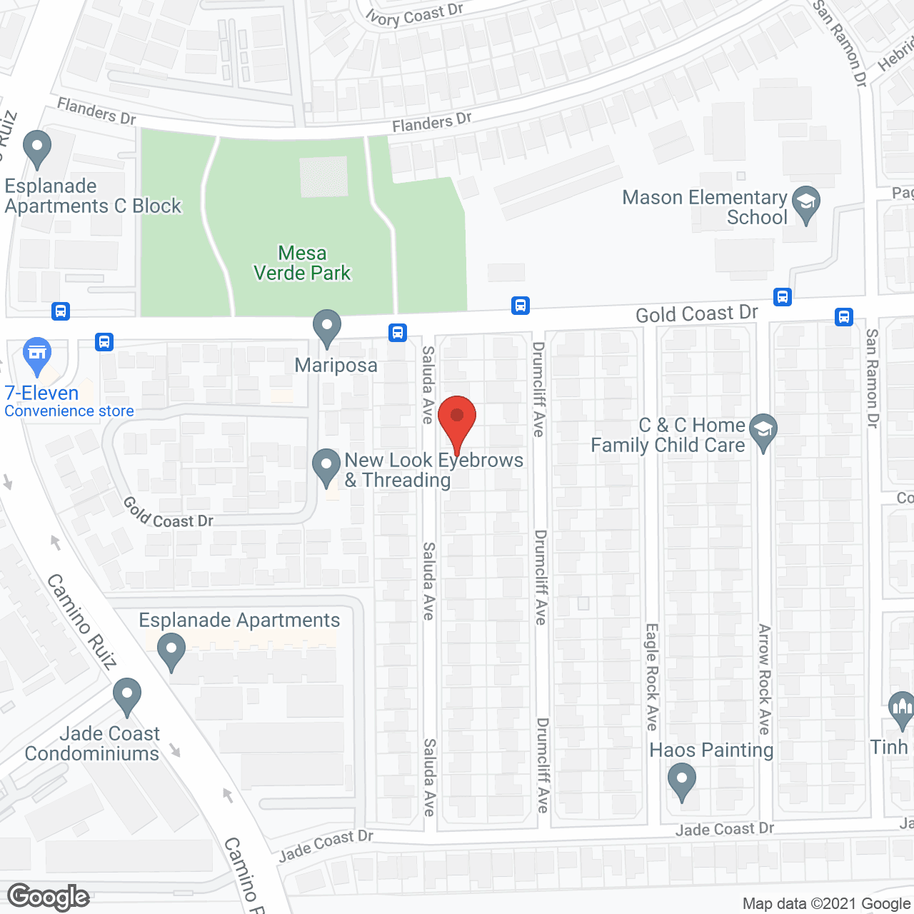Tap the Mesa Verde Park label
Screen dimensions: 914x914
[303, 263]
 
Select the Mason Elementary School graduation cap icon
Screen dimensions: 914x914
[806, 204]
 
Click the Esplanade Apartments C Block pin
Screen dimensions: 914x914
[37, 149]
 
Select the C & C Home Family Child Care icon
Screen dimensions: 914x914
[763, 431]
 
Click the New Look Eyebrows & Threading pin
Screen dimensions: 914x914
[326, 467]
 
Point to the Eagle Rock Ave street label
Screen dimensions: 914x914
[651, 677]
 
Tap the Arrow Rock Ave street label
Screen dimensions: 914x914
[764, 679]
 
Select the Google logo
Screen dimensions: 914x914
[49, 897]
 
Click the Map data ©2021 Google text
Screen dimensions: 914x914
[827, 904]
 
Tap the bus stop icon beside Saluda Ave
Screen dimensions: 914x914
[398, 332]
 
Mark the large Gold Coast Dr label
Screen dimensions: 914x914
[696, 314]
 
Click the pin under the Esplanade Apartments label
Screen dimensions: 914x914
[171, 652]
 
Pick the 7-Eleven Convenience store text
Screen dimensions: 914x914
[69, 401]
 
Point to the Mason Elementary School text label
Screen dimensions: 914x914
[705, 207]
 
